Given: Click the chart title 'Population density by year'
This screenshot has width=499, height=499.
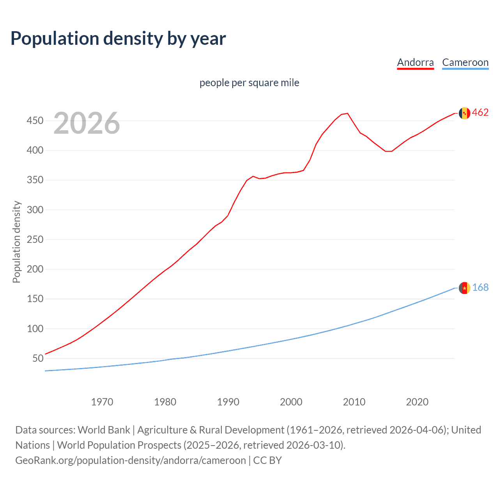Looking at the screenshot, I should (118, 39).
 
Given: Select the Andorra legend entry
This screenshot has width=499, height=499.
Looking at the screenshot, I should (415, 62).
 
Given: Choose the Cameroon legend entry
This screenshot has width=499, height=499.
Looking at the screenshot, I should (465, 62).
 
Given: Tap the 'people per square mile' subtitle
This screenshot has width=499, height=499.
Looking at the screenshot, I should (249, 83).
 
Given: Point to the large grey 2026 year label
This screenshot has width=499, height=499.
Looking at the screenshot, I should (87, 123).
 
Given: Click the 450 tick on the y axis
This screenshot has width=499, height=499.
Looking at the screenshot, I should (35, 120).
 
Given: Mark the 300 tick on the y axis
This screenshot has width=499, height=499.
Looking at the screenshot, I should (35, 210).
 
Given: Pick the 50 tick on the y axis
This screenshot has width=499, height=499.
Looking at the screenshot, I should (37, 358).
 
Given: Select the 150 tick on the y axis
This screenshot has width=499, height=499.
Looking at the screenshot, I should (35, 299).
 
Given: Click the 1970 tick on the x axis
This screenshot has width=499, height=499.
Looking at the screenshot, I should (102, 402).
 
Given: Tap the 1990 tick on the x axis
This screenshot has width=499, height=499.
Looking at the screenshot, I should (228, 402).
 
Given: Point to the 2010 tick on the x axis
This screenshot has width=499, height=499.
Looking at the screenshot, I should (354, 402).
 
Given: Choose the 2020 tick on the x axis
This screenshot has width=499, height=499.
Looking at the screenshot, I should (417, 402).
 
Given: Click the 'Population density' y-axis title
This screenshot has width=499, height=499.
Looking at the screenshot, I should (16, 242).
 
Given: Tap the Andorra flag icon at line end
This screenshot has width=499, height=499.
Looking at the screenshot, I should (464, 113).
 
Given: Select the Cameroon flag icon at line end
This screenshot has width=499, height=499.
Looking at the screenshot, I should (464, 288).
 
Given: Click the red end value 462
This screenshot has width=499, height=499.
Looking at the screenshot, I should (480, 113).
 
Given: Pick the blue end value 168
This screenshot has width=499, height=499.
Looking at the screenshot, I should (480, 288).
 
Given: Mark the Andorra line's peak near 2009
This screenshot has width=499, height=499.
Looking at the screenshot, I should (347, 113).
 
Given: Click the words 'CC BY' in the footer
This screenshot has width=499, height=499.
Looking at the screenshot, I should (267, 460).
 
